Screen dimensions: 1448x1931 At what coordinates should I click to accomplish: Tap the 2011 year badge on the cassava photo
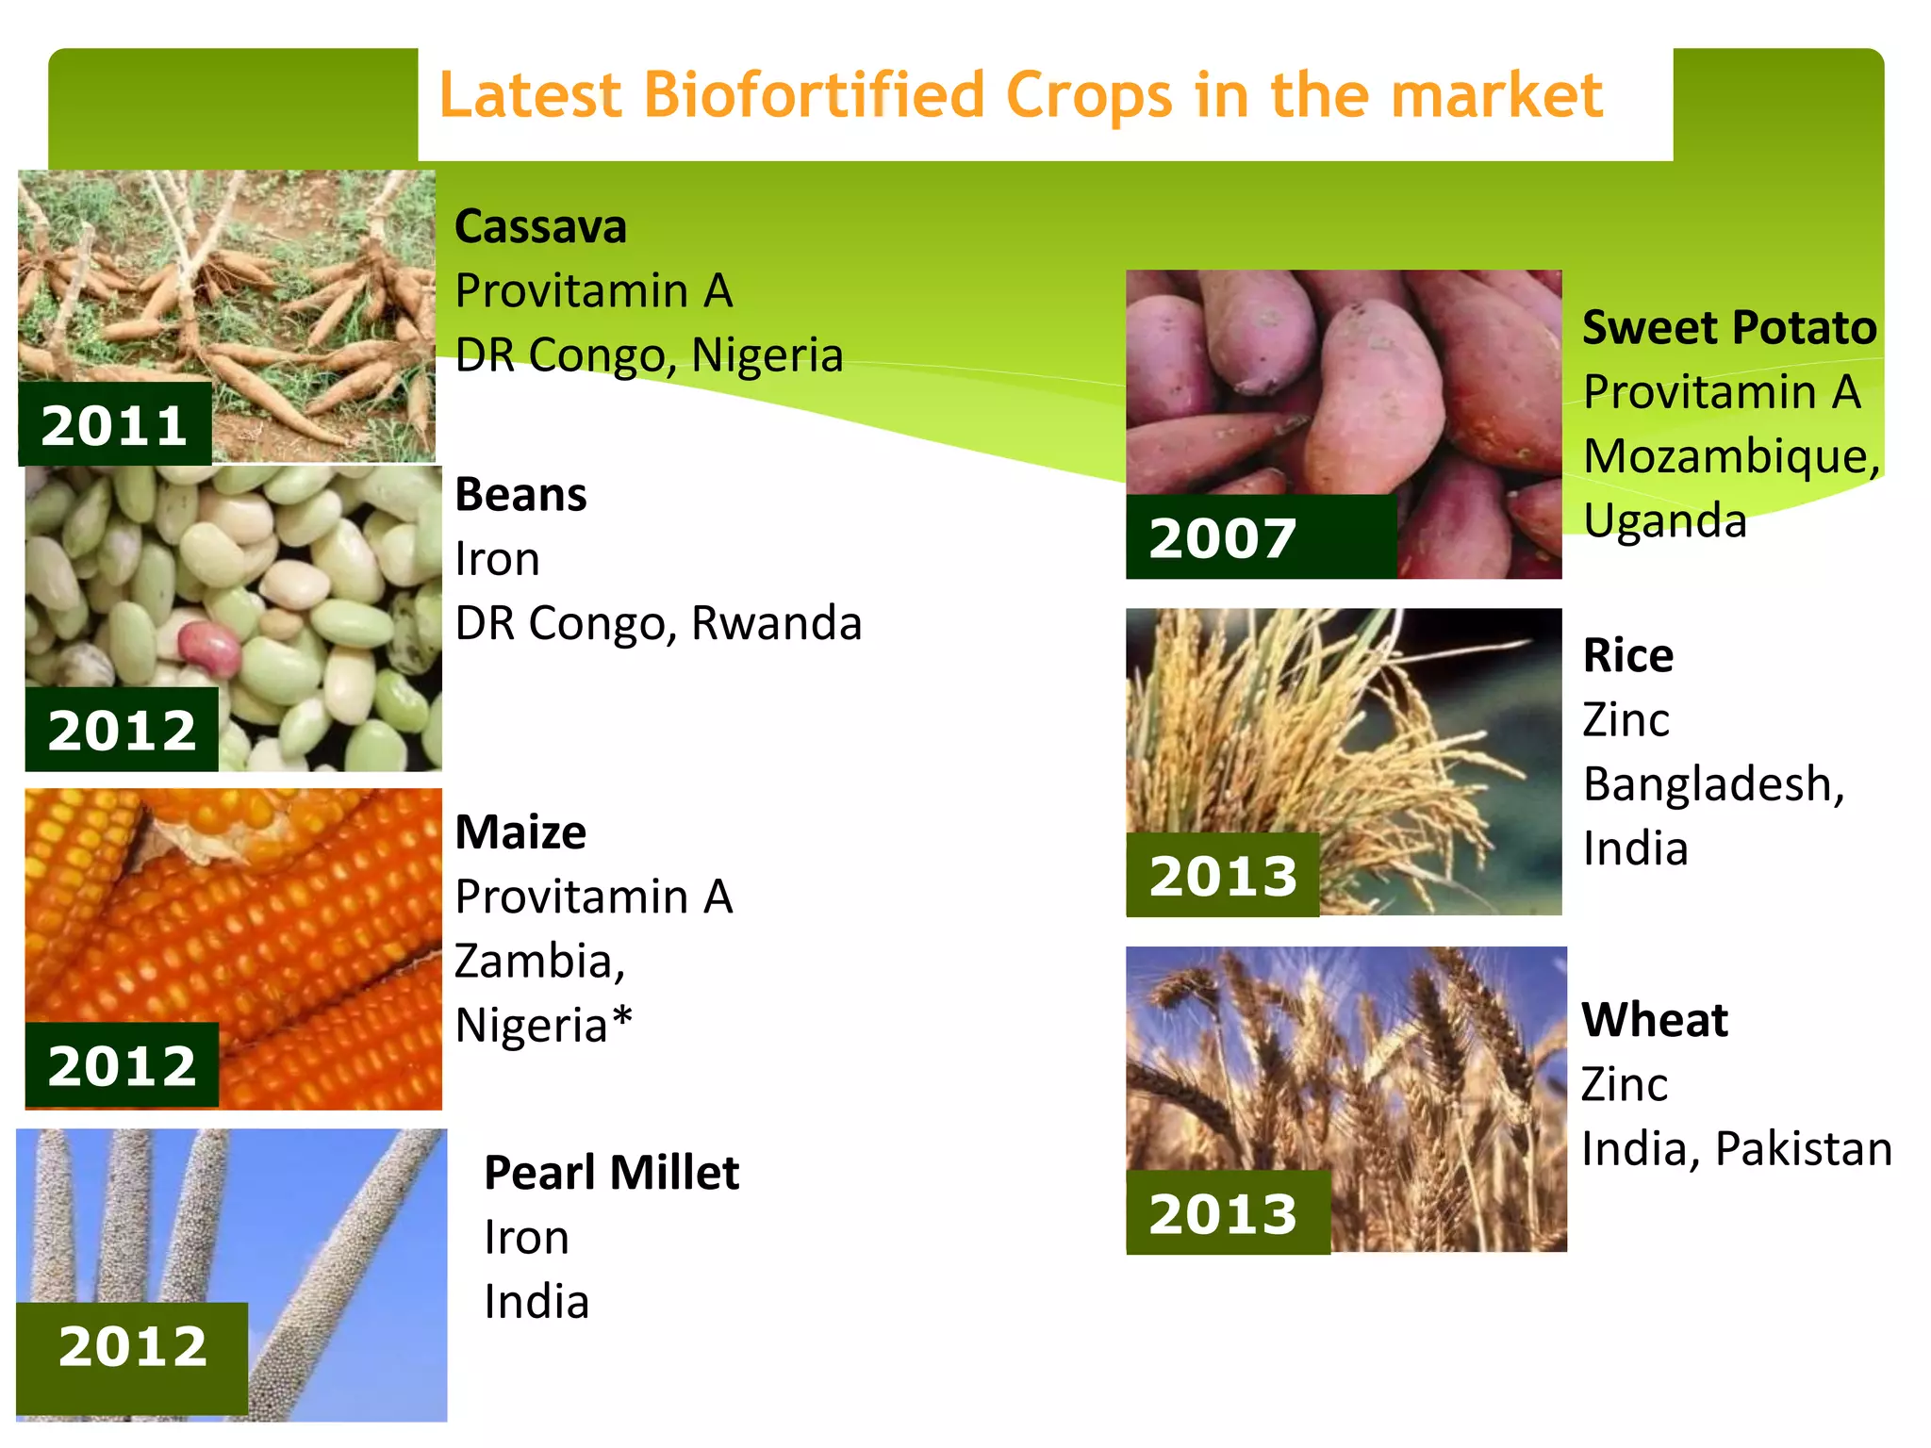click(114, 425)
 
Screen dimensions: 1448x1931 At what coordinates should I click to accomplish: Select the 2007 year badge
click(1223, 538)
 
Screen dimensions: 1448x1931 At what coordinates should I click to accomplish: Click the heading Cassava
click(540, 227)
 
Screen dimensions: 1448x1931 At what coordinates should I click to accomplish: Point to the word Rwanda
click(776, 623)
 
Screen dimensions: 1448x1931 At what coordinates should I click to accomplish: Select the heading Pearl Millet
click(611, 1173)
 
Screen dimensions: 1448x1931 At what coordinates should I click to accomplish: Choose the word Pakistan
click(1802, 1149)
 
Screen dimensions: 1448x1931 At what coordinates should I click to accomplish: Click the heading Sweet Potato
click(1729, 328)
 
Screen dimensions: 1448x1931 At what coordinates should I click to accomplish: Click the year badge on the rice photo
click(1223, 876)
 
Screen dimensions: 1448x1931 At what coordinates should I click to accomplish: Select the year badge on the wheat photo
click(1223, 1213)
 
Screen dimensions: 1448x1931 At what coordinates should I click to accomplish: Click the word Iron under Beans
click(497, 559)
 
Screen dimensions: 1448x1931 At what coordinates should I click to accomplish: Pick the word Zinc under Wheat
click(1624, 1085)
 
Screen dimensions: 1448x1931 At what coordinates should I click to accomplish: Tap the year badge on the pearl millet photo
click(132, 1346)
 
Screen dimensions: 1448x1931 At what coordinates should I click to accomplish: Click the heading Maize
click(520, 833)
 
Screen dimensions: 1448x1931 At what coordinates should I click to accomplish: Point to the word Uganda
click(1664, 520)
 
